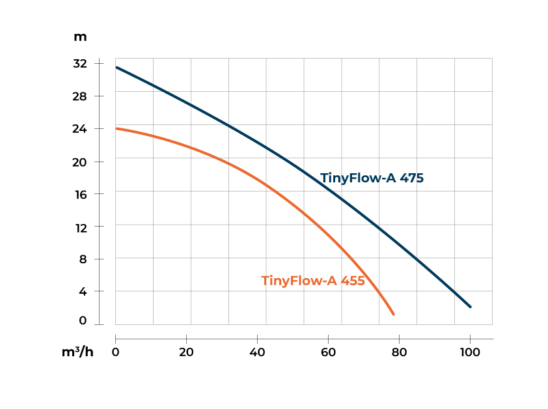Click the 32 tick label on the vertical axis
click(x=80, y=64)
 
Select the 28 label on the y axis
click(x=80, y=96)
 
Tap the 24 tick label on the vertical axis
click(x=80, y=129)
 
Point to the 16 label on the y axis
click(x=80, y=194)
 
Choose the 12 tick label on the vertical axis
click(x=80, y=227)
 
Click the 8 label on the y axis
click(x=83, y=259)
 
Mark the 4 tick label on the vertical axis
click(x=83, y=292)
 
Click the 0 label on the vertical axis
click(x=83, y=321)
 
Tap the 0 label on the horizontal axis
click(x=116, y=352)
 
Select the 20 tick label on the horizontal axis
click(x=186, y=352)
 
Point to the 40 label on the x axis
click(x=258, y=352)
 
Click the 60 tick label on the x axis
click(x=328, y=352)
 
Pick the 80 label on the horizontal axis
click(x=399, y=352)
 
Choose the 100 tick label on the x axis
click(x=469, y=352)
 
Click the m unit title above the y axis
click(x=80, y=36)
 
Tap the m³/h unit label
click(x=77, y=352)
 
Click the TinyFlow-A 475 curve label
click(x=372, y=178)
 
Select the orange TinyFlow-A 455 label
click(x=313, y=281)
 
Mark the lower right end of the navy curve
click(x=470, y=307)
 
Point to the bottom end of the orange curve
click(x=393, y=315)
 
